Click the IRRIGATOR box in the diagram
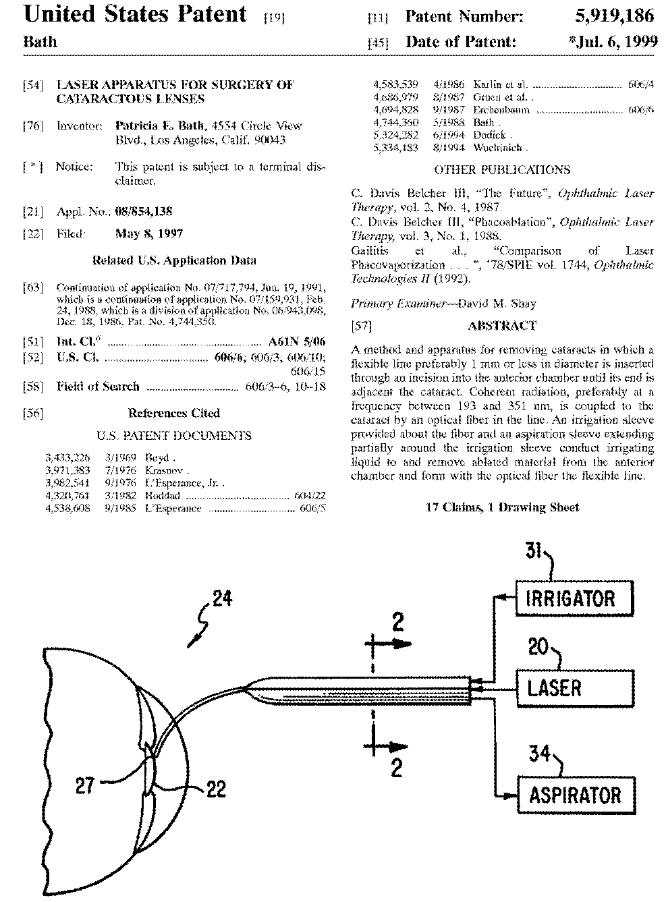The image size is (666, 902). (x=576, y=597)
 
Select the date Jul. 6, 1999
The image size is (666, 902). (x=614, y=42)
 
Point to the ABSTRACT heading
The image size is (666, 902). (x=502, y=326)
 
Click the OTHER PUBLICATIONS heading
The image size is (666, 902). (x=502, y=170)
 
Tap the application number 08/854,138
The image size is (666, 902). (x=144, y=211)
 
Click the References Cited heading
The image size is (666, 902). (x=174, y=413)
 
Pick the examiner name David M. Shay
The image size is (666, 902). (x=498, y=304)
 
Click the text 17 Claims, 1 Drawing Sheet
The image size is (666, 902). (x=502, y=507)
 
